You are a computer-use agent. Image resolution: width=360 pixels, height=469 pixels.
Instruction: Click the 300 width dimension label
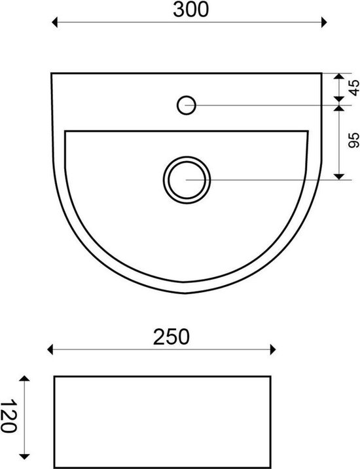[x=190, y=10]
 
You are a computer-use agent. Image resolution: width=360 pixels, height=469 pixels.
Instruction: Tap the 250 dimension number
[x=171, y=337]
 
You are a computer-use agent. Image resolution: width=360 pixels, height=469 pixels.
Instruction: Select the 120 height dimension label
[x=8, y=416]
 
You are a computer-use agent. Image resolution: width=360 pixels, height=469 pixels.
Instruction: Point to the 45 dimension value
[x=354, y=88]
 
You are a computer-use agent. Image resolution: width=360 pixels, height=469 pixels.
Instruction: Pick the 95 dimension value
[x=354, y=140]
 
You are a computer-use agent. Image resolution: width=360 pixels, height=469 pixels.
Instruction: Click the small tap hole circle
[x=187, y=105]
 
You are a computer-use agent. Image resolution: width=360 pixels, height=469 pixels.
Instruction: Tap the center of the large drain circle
[x=187, y=179]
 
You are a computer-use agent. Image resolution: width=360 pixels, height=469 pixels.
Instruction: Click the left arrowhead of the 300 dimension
[x=54, y=22]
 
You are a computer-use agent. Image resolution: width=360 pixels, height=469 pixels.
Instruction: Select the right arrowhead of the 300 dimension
[x=324, y=22]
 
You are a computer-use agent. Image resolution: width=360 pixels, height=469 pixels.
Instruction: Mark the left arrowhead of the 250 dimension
[x=50, y=349]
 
